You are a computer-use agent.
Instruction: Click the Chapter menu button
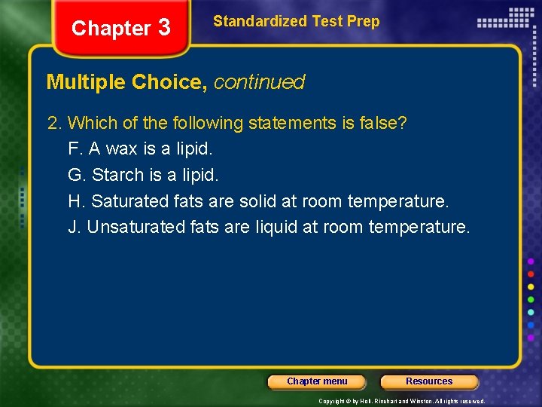point(317,381)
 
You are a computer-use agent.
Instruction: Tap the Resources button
point(429,381)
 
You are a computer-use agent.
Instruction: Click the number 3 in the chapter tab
point(164,28)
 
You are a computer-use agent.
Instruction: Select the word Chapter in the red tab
point(111,29)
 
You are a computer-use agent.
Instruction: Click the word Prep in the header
point(364,21)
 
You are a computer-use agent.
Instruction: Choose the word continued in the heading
point(259,82)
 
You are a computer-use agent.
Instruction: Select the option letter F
point(73,149)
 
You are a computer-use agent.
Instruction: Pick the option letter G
point(75,175)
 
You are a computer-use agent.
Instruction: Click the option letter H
point(75,201)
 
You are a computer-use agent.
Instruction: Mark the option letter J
point(73,227)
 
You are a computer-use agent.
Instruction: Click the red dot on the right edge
point(531,274)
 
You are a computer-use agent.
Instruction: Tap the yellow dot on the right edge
point(531,286)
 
